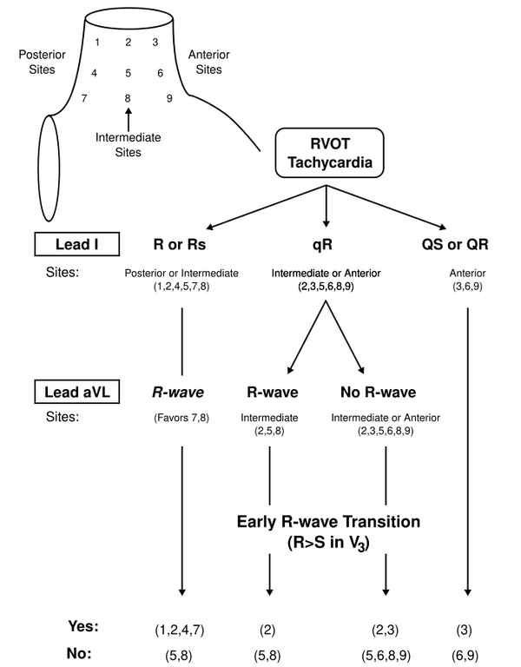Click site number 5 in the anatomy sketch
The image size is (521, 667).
click(128, 73)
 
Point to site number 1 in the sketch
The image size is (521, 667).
click(97, 42)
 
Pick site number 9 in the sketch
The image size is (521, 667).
click(169, 97)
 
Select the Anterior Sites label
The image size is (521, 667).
click(208, 61)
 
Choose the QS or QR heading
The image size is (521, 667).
click(454, 244)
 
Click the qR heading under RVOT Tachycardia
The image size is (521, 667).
click(325, 244)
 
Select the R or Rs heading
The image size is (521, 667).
click(183, 244)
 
